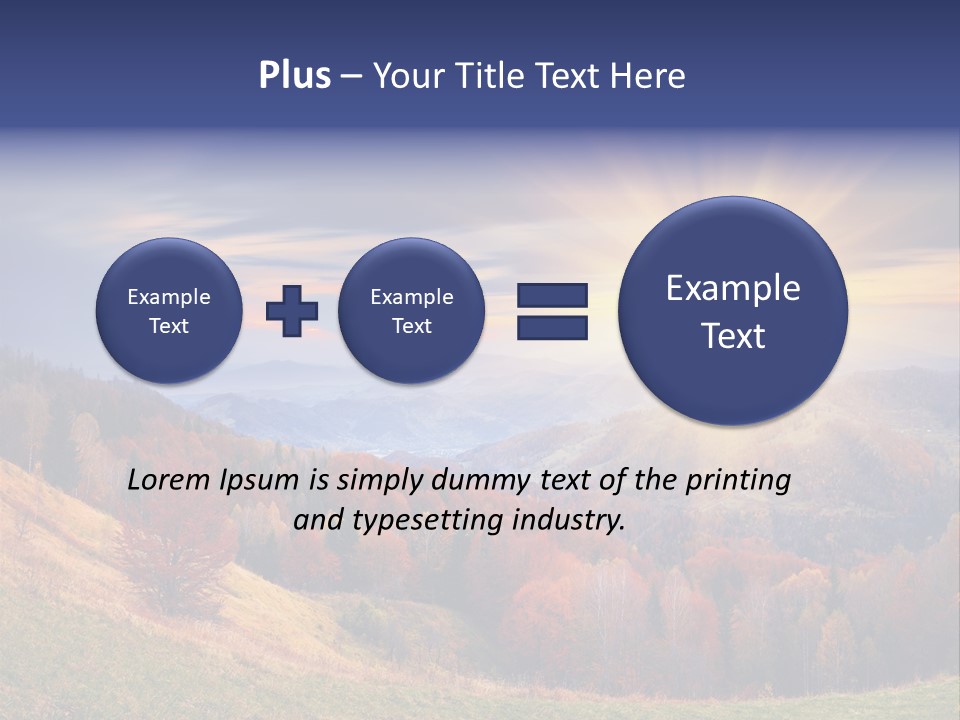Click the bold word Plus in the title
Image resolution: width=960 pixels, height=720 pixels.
[294, 76]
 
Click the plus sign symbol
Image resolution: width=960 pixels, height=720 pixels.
[292, 311]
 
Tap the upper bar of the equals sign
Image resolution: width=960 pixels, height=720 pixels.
[552, 295]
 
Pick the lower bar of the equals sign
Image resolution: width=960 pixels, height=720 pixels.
[552, 327]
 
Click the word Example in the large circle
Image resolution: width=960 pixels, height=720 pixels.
[733, 288]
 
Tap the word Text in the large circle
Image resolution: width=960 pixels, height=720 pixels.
[733, 336]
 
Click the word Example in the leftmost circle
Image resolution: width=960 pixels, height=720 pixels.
[169, 297]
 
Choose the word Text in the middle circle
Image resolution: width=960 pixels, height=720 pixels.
[411, 326]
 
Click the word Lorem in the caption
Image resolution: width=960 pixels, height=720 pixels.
[171, 480]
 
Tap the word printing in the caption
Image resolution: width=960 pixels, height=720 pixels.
[738, 481]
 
